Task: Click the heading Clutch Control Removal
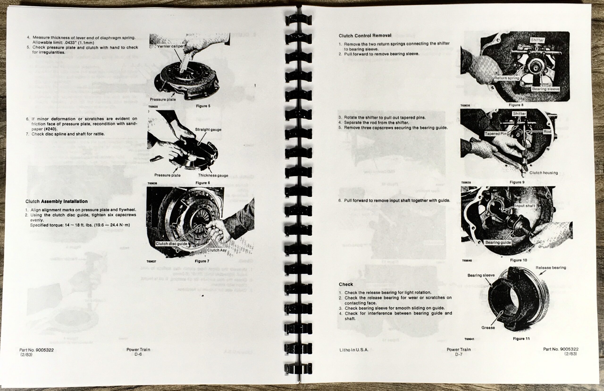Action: [x=365, y=36]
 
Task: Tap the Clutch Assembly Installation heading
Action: [x=56, y=201]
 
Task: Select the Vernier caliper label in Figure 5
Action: [x=170, y=46]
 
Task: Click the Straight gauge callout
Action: [x=208, y=130]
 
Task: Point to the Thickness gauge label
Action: [x=213, y=175]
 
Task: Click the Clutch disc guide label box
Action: [x=171, y=244]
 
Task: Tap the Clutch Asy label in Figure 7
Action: [x=217, y=250]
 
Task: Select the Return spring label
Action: [x=506, y=78]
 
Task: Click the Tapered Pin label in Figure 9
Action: [x=495, y=134]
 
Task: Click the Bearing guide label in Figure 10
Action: [x=498, y=243]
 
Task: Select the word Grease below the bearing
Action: [x=488, y=328]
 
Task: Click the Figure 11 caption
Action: [x=521, y=338]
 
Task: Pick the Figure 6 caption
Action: [x=202, y=183]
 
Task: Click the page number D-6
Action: [x=138, y=354]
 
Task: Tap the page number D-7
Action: [x=458, y=354]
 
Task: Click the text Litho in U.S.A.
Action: [x=354, y=350]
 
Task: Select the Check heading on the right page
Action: [x=346, y=284]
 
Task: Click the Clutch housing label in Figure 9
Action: [x=543, y=173]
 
